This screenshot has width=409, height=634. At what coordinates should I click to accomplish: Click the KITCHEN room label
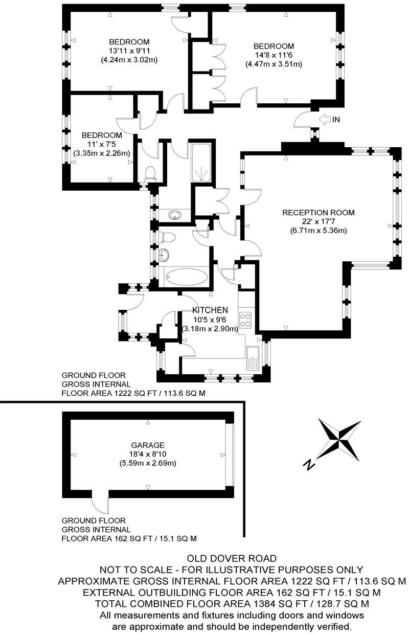point(210,310)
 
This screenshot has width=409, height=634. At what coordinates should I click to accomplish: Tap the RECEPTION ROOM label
point(318,213)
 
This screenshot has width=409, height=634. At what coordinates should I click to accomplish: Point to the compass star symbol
point(338,438)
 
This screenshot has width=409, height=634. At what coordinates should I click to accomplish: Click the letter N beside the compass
point(308,464)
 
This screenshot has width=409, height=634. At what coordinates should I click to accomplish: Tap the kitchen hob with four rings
point(246,320)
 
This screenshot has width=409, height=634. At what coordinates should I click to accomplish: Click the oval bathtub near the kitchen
point(187,278)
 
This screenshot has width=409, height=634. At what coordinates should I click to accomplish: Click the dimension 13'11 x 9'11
point(129,51)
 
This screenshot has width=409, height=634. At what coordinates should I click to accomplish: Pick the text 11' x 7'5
point(101,144)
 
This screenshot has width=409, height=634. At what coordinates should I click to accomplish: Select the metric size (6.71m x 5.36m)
point(318,231)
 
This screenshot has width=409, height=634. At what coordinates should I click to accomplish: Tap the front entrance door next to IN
point(303,122)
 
